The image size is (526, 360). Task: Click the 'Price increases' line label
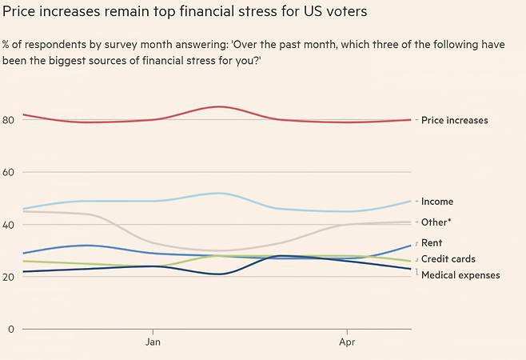tap(454, 121)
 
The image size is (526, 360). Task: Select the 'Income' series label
tap(436, 202)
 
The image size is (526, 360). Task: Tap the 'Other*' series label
tap(436, 222)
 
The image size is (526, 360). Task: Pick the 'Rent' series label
tap(432, 242)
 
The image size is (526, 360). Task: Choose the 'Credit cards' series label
tap(448, 259)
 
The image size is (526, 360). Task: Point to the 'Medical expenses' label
tap(460, 275)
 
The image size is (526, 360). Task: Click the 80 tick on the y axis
tap(9, 120)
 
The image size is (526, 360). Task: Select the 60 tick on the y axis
tap(9, 172)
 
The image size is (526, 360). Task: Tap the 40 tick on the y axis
tap(9, 225)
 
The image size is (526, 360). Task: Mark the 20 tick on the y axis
tap(9, 277)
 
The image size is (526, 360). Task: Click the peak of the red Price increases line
tap(219, 106)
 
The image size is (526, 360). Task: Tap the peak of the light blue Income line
tap(219, 193)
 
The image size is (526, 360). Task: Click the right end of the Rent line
tap(411, 246)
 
